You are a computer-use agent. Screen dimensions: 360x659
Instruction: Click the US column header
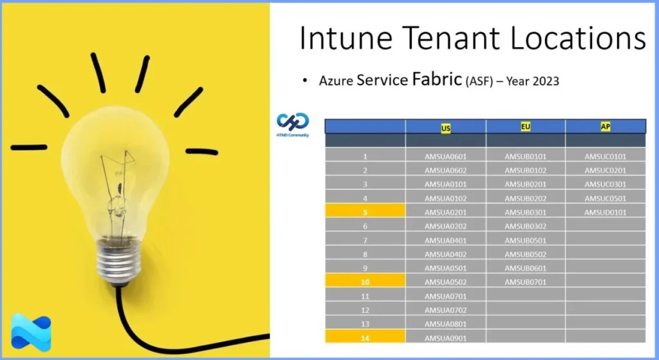[x=445, y=128]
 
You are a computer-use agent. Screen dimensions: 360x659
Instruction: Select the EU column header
[x=526, y=127]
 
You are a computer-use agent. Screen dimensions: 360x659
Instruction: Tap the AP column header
[x=606, y=127]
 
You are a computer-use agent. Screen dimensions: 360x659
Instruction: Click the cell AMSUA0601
[x=445, y=156]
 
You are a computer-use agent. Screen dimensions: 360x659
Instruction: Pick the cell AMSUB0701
[x=525, y=282]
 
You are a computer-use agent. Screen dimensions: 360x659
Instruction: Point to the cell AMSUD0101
[x=605, y=213]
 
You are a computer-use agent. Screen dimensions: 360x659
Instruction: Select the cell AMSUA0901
[x=445, y=338]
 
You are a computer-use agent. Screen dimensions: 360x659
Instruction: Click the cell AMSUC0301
[x=605, y=184]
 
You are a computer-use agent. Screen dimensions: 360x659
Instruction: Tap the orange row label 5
[x=365, y=212]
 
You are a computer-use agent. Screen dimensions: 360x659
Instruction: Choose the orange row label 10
[x=365, y=282]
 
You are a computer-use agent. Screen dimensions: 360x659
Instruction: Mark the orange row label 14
[x=365, y=337]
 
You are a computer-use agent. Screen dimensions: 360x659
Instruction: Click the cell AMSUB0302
[x=525, y=227]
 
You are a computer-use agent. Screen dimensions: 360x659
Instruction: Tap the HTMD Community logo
[x=293, y=123]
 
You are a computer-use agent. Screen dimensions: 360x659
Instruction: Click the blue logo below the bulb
[x=31, y=332]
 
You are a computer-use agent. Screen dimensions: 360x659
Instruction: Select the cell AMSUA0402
[x=445, y=254]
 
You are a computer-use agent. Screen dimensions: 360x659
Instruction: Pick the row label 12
[x=365, y=310]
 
